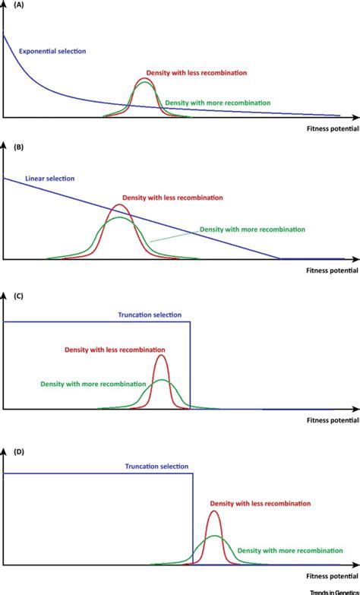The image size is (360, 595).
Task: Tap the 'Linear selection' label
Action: [x=50, y=179]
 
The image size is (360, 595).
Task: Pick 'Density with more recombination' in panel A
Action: [x=217, y=102]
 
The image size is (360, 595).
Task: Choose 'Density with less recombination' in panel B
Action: [x=173, y=198]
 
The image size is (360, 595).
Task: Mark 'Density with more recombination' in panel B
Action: [x=251, y=229]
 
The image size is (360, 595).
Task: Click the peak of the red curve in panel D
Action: [x=214, y=511]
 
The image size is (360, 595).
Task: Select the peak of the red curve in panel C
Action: [x=161, y=356]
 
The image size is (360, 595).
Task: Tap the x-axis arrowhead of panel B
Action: [x=355, y=259]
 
